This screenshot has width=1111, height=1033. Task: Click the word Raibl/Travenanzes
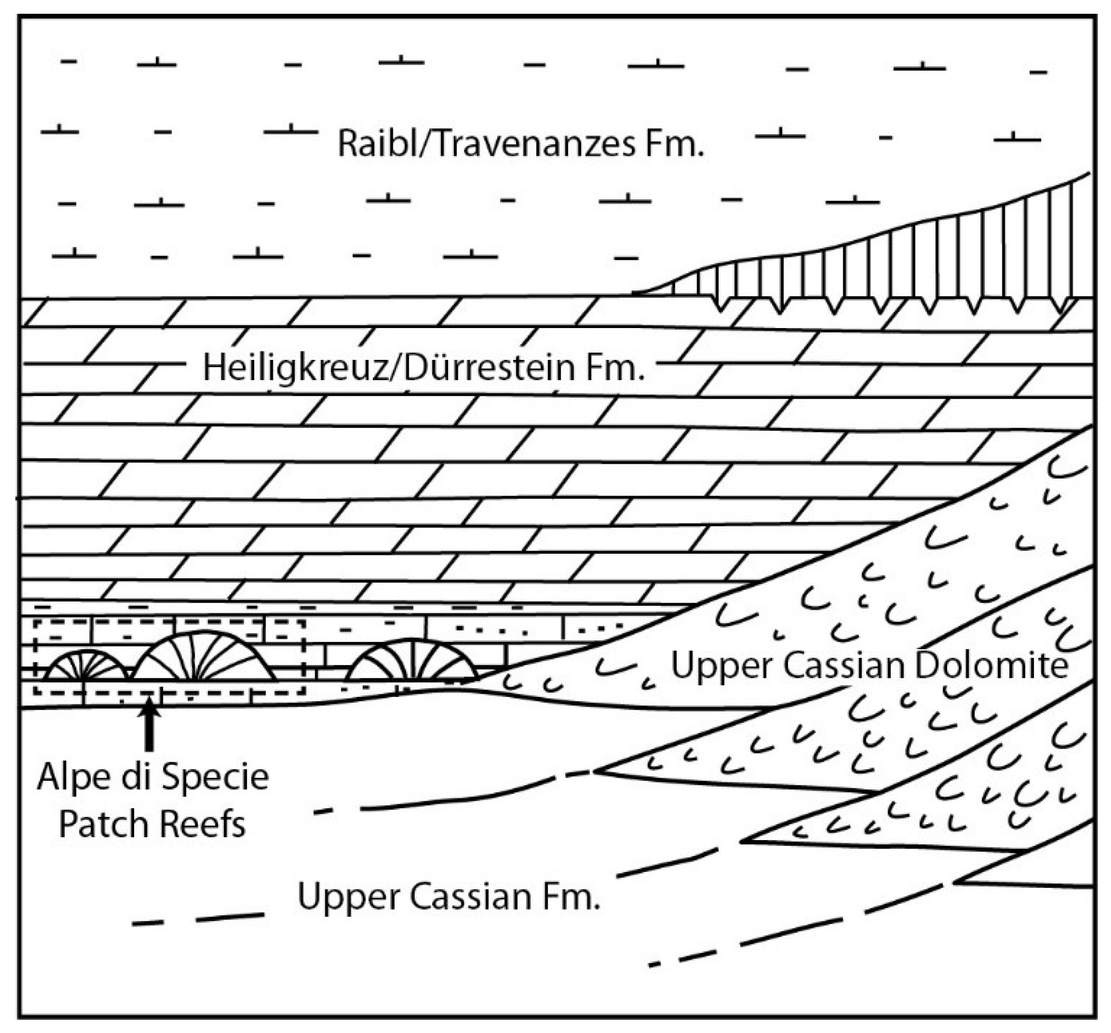click(x=486, y=144)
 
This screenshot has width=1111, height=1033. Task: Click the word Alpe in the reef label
click(x=75, y=777)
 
